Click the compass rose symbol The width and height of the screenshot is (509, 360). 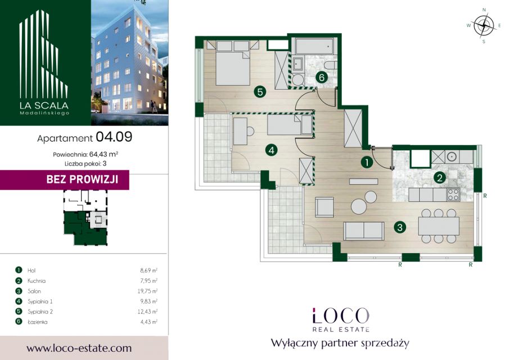[484, 26]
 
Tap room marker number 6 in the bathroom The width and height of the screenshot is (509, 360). [321, 77]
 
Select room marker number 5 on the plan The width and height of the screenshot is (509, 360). [260, 92]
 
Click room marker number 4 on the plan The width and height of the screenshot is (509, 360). [271, 150]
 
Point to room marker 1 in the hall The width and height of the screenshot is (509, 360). [367, 162]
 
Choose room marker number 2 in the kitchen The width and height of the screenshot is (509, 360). [440, 178]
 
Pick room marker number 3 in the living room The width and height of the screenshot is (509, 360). [399, 227]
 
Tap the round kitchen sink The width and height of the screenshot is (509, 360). [452, 157]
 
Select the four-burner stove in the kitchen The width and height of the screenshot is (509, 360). [453, 195]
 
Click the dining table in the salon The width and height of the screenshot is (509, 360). [439, 226]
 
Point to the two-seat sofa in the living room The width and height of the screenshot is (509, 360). [364, 231]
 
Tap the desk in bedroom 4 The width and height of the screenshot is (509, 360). [240, 131]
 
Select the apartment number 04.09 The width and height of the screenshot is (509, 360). [114, 137]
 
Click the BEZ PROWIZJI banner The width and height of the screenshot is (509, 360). [65, 179]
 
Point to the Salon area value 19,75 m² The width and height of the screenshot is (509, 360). [147, 291]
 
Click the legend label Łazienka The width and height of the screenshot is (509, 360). [37, 322]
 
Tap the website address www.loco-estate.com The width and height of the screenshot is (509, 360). [79, 348]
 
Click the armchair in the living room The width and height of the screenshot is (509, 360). [325, 207]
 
